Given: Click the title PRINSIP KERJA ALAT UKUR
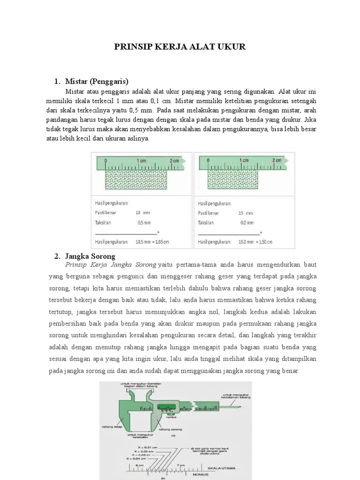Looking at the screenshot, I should coord(180,47).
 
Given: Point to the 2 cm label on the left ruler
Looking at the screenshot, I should coord(174,160).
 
